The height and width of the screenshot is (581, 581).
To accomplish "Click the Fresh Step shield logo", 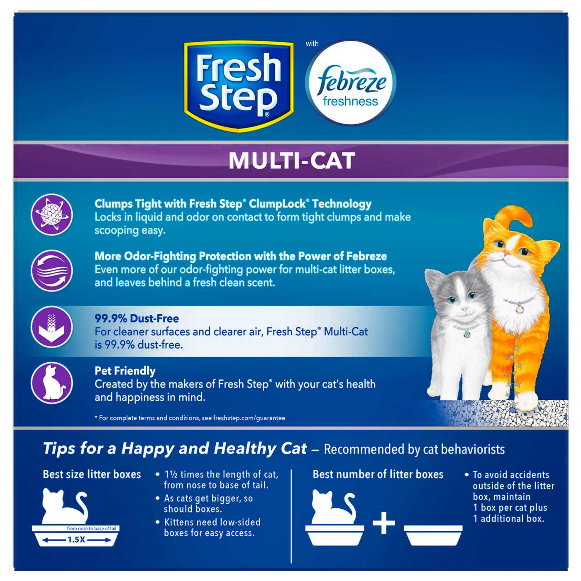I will pos(239,85).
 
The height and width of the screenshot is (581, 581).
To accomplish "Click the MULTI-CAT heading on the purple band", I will pos(292,161).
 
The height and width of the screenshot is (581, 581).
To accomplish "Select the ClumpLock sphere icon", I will pos(52,215).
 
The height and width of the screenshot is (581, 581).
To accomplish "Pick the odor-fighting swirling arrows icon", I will pos(52,271).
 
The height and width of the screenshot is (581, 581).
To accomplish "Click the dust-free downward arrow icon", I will pos(52,327).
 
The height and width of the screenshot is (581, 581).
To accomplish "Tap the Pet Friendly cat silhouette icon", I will pos(52,383).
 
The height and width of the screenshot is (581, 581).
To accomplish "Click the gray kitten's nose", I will pos(464,309).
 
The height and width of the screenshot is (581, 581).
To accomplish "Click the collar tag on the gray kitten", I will pos(467,332).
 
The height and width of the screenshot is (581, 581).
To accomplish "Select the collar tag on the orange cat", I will pos(519,308).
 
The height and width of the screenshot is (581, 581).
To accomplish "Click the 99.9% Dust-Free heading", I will pos(137,319).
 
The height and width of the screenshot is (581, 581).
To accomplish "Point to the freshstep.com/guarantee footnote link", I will pos(249,418).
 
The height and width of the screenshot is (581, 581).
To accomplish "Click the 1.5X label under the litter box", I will pos(76,540).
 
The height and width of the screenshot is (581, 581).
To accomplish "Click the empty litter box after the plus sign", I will pos(433,535).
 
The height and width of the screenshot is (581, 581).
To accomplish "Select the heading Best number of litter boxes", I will pos(378,474).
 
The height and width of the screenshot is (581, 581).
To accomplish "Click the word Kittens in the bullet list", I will pos(179,522).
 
